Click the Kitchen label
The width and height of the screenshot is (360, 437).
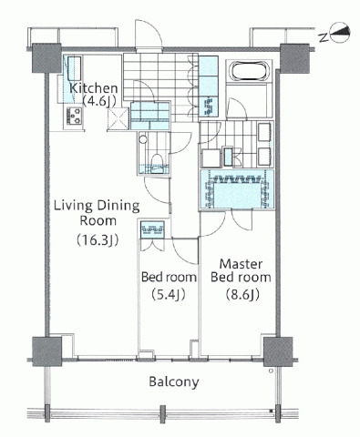point(93,88)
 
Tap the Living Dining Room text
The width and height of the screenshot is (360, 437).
point(97,213)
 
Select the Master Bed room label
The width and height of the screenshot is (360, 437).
point(241,270)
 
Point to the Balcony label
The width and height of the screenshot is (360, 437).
point(174,381)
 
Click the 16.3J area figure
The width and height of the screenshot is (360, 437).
point(98,240)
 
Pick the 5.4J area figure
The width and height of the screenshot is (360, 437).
point(168,294)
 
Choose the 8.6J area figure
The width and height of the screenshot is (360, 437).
point(242,294)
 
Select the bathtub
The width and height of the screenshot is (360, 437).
point(250,71)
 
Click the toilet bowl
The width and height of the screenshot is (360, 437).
point(157,164)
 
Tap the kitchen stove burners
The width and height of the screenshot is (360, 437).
point(75,116)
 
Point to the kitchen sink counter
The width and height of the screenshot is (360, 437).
point(74,79)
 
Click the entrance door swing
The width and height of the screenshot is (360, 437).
point(149,34)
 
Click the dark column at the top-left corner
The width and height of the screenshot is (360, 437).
point(47,58)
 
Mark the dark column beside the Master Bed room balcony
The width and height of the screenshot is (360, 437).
point(278,351)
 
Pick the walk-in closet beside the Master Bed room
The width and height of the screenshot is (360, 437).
point(236,189)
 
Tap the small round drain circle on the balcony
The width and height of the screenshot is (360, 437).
point(271,371)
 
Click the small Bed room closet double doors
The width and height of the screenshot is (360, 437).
point(152,245)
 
